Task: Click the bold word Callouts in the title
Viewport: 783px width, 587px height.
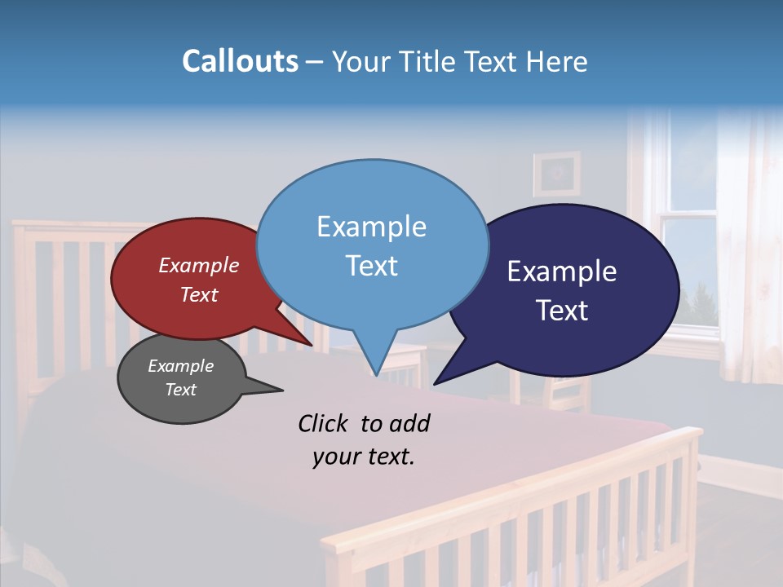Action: point(240,62)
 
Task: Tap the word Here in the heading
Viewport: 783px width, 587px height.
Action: point(558,62)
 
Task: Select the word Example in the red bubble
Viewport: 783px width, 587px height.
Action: point(199,266)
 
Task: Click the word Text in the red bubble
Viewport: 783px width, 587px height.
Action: point(199,294)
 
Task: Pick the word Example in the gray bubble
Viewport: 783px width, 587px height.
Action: point(180,366)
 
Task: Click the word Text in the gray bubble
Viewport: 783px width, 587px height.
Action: point(180,390)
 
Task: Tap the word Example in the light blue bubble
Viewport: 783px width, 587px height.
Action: point(371,227)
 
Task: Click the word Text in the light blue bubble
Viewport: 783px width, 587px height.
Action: point(371,266)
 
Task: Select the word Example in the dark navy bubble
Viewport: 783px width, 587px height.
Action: point(562,271)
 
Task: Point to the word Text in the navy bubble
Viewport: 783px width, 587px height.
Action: point(562,311)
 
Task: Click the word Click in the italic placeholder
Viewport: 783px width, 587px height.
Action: point(324,423)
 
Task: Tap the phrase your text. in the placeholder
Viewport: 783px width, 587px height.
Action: point(364,457)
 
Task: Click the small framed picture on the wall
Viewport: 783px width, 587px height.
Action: point(557,174)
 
